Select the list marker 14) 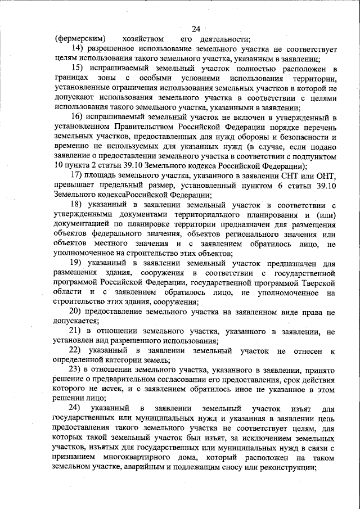coord(77,49)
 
